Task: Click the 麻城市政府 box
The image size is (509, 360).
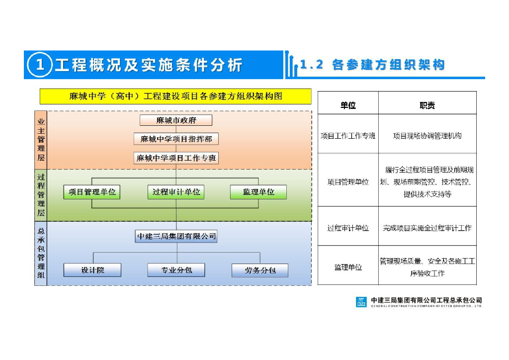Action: click(176, 120)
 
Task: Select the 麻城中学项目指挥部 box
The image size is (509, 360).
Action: click(176, 139)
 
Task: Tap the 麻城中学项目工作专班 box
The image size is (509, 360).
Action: click(176, 158)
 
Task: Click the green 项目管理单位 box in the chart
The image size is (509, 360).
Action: click(92, 192)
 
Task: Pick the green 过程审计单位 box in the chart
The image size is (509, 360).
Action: click(176, 192)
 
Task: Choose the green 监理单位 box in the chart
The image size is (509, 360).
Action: click(258, 192)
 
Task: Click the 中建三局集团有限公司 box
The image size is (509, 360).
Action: click(176, 236)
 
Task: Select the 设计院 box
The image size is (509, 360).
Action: click(92, 270)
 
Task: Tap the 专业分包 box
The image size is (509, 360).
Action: click(176, 270)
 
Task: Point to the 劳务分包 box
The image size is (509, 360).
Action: click(260, 270)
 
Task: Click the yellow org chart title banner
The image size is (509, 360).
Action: click(175, 96)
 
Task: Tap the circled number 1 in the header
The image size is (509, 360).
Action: click(40, 65)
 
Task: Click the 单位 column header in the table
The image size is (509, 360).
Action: click(348, 105)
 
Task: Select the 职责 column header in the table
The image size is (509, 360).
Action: click(427, 105)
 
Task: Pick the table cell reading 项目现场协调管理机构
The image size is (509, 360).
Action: click(427, 135)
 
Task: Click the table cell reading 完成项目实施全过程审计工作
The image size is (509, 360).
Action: click(427, 228)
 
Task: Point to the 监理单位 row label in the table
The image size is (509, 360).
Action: click(348, 267)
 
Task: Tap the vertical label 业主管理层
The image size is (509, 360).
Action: click(41, 140)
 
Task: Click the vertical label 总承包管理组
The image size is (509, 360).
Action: click(41, 253)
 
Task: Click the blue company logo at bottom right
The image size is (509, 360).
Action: click(361, 302)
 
